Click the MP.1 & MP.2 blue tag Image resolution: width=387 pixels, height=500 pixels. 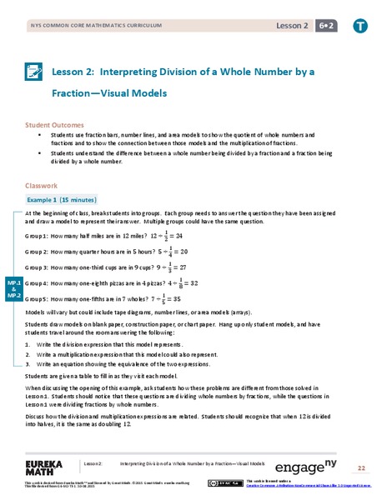pos(14,289)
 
